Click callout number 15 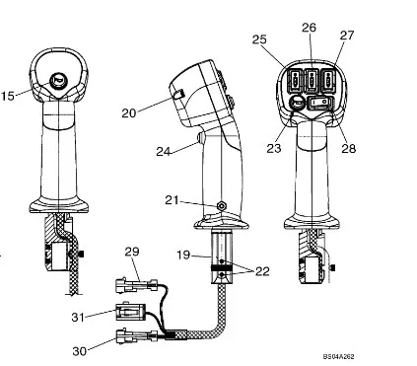[8, 96]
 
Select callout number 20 [129, 113]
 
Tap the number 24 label [164, 151]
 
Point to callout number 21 [172, 200]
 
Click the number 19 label [183, 255]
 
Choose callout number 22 [262, 271]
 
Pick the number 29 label [132, 252]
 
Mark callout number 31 [78, 318]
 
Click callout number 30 [80, 351]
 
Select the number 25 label [259, 39]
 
